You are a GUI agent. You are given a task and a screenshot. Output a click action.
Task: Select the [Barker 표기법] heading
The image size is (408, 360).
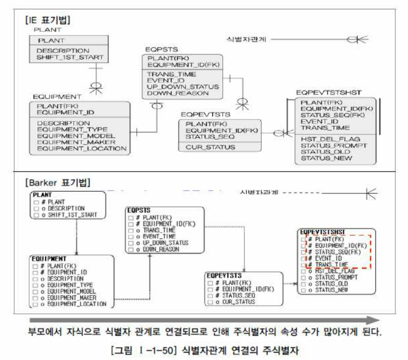[x=57, y=182]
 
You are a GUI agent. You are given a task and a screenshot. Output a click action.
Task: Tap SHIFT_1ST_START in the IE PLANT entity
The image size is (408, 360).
[x=69, y=57]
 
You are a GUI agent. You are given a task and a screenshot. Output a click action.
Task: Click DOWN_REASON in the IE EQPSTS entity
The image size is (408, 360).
[x=178, y=93]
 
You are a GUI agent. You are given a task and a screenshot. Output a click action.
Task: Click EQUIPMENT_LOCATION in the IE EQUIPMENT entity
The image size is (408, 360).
[x=81, y=148]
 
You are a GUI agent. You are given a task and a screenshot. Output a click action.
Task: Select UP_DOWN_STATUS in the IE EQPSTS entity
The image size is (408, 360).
[x=183, y=87]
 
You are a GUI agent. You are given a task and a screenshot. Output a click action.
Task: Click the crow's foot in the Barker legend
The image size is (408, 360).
[x=372, y=193]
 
